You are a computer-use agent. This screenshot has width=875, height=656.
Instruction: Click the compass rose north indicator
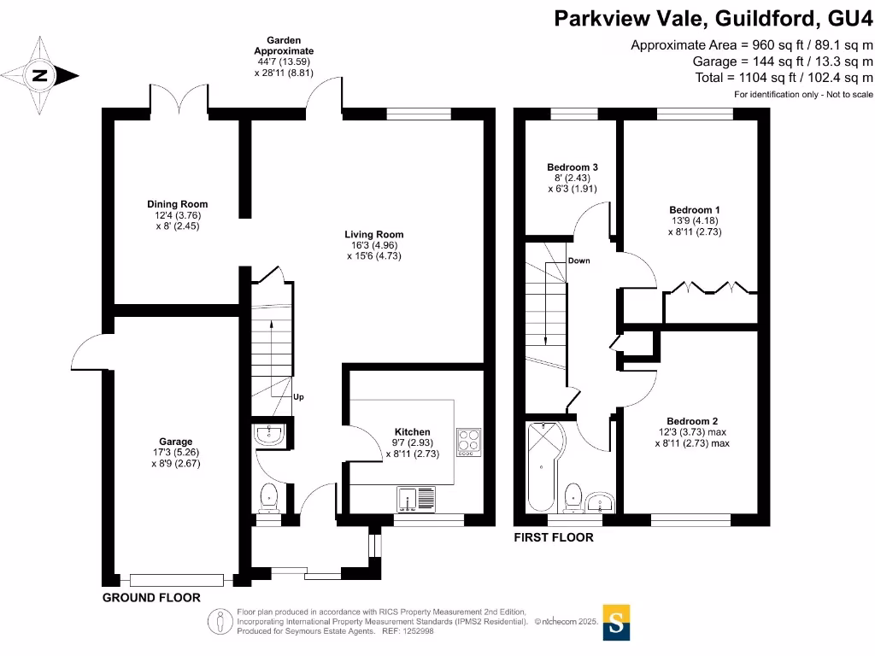[41, 75]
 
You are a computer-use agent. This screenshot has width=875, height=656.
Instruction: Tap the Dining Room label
[176, 204]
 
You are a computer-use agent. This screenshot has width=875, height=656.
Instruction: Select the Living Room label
[373, 234]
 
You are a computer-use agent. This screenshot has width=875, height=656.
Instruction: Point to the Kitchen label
[412, 431]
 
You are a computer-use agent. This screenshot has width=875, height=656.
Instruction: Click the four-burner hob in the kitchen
[468, 440]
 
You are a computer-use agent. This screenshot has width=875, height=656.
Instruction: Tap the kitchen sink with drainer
[416, 498]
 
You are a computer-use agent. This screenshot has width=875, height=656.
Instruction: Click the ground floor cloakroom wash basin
[270, 435]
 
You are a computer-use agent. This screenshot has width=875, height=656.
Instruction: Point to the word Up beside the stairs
[298, 397]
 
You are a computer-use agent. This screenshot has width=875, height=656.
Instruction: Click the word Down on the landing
[578, 261]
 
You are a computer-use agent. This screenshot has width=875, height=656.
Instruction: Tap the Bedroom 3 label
[572, 167]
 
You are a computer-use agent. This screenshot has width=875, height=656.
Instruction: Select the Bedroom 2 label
[692, 420]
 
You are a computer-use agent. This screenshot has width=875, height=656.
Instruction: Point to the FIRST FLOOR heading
[553, 538]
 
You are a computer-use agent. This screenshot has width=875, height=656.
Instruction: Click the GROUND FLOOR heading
[151, 598]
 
